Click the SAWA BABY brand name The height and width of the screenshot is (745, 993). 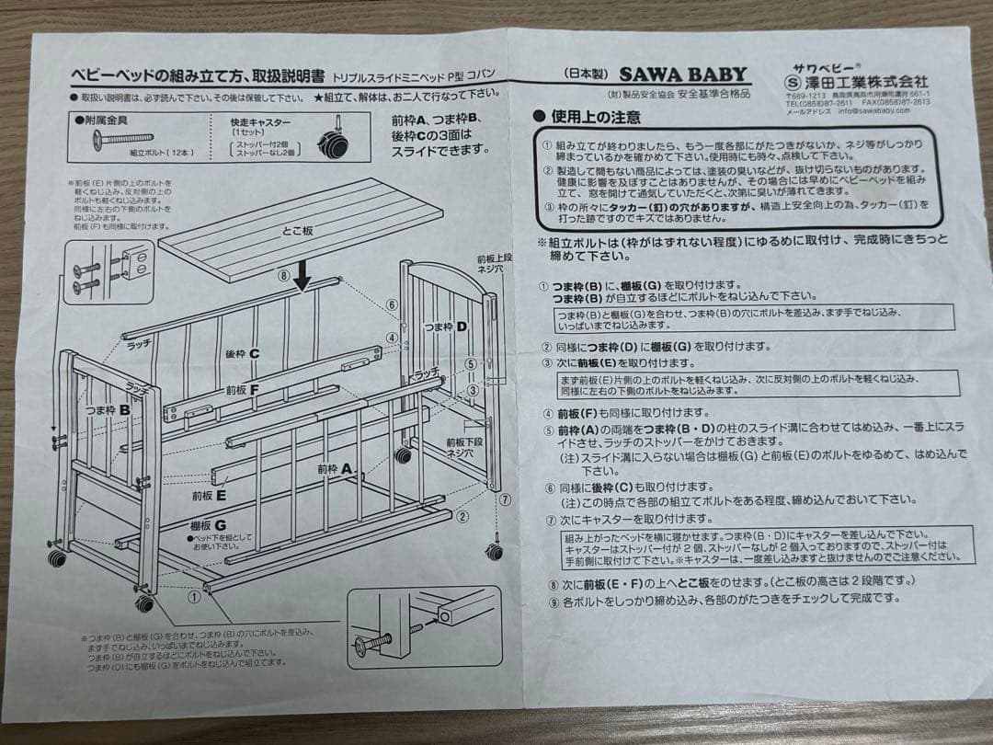click(681, 75)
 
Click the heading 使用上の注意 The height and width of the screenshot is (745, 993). click(594, 117)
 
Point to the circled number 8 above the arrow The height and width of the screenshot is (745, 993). click(284, 273)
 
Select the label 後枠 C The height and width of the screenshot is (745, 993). click(242, 353)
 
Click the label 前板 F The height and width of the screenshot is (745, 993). click(243, 388)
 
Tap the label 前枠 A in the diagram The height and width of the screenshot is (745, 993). click(334, 468)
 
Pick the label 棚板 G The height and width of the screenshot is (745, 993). click(209, 525)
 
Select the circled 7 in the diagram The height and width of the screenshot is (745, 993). click(506, 499)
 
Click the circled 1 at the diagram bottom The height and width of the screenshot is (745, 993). click(194, 595)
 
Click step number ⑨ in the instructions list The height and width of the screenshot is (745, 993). click(553, 599)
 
